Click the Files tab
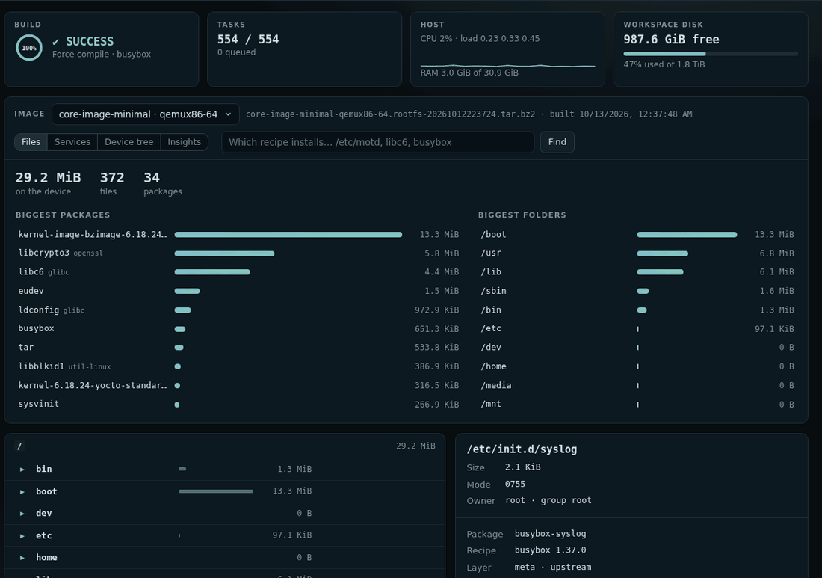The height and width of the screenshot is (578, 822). (31, 142)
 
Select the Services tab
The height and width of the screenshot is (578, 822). (72, 142)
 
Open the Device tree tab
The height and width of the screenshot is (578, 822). (129, 142)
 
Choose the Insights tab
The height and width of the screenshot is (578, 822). (184, 142)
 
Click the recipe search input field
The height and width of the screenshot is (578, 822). (377, 142)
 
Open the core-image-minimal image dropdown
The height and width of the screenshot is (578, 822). (145, 114)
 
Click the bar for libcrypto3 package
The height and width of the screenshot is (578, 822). (224, 253)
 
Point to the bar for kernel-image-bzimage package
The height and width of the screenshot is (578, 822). (288, 235)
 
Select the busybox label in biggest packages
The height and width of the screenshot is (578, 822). (36, 328)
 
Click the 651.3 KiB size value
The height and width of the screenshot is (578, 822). (436, 329)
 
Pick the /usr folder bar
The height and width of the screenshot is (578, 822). (663, 253)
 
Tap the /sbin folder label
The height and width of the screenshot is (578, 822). (493, 291)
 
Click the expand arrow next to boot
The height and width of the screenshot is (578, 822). (22, 491)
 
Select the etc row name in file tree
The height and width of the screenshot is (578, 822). (44, 535)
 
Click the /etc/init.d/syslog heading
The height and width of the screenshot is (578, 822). (522, 449)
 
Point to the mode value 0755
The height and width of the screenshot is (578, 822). (515, 484)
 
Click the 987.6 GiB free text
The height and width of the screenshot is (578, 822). (671, 40)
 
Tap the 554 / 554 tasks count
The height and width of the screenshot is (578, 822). (248, 40)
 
